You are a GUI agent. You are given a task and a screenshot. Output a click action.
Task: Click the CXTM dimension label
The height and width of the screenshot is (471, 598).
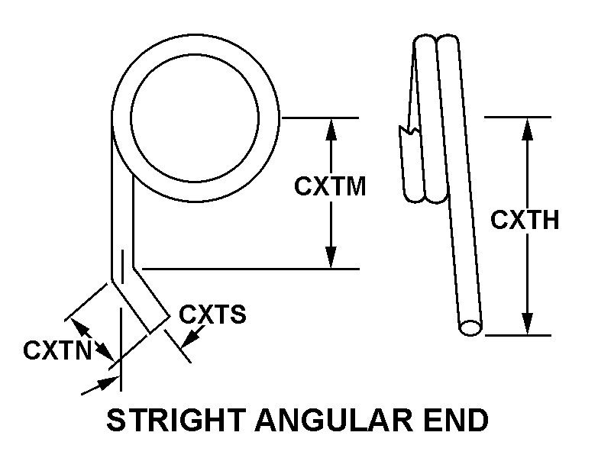330,186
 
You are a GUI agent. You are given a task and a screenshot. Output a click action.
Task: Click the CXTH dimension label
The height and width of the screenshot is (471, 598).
525,221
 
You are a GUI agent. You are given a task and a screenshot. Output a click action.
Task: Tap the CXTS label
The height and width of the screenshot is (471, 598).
212,315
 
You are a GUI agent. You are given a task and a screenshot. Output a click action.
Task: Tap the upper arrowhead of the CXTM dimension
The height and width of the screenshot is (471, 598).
331,127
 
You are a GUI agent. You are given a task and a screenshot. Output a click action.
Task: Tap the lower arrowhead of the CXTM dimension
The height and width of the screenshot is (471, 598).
331,259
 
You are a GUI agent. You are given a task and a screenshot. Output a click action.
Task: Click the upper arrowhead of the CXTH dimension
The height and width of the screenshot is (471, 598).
526,127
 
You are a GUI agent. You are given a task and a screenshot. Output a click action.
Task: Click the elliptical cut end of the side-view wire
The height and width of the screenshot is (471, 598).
470,327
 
